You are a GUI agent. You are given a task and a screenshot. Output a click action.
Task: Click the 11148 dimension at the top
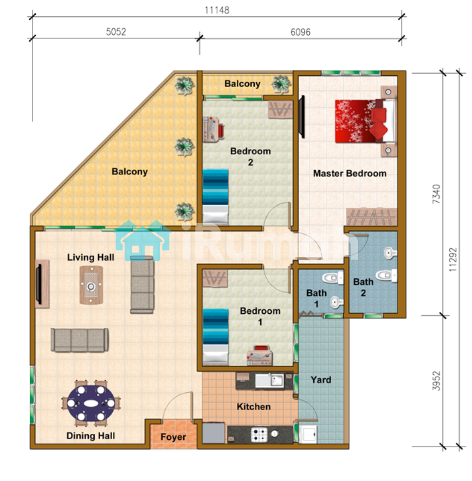click(217, 10)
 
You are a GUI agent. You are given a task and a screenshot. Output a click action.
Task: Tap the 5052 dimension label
click(116, 32)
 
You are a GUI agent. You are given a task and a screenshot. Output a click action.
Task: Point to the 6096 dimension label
click(301, 32)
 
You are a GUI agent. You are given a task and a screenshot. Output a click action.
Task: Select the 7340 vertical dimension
click(436, 194)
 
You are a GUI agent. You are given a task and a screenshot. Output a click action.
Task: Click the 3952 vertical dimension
click(436, 381)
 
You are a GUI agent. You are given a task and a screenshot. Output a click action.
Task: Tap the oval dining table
click(91, 403)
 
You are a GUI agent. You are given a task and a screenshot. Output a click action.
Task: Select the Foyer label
click(173, 437)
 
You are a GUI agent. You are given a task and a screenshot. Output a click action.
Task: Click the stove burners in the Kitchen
click(260, 434)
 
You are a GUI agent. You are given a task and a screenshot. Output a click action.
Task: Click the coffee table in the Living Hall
click(91, 285)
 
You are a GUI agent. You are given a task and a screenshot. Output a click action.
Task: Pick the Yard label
click(321, 380)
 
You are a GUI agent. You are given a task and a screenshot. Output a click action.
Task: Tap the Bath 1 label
click(316, 299)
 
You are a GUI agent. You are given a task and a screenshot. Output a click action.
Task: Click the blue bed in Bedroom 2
click(216, 196)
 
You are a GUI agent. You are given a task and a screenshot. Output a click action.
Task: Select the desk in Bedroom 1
click(260, 356)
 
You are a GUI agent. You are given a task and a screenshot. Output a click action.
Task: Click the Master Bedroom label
click(350, 174)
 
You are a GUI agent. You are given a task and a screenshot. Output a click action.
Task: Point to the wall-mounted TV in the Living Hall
click(38, 284)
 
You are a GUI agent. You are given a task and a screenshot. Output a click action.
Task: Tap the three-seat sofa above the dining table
click(80, 340)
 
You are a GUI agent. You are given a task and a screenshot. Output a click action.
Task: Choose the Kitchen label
click(254, 407)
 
